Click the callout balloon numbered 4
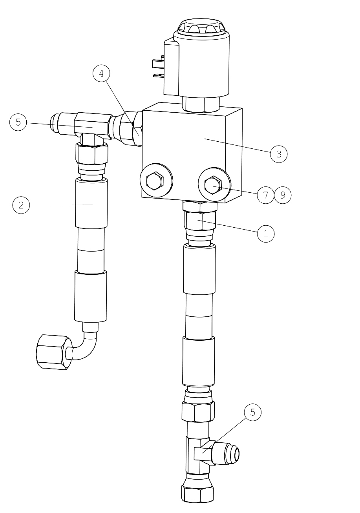click(101, 73)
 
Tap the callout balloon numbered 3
click(278, 154)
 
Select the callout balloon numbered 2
click(21, 205)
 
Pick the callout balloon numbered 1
click(266, 234)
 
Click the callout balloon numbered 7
click(266, 195)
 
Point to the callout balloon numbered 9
click(283, 195)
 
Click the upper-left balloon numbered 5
click(18, 122)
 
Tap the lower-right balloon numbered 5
click(252, 412)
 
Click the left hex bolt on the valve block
click(155, 181)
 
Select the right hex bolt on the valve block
click(213, 185)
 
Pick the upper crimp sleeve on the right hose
click(199, 269)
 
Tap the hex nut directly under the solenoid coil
click(201, 104)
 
